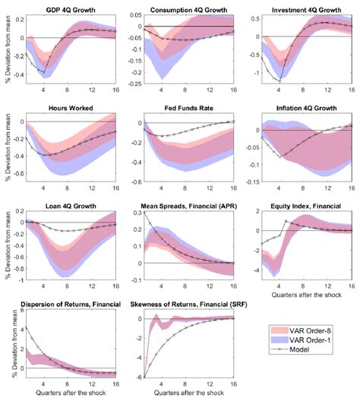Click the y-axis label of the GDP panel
[6, 49]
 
